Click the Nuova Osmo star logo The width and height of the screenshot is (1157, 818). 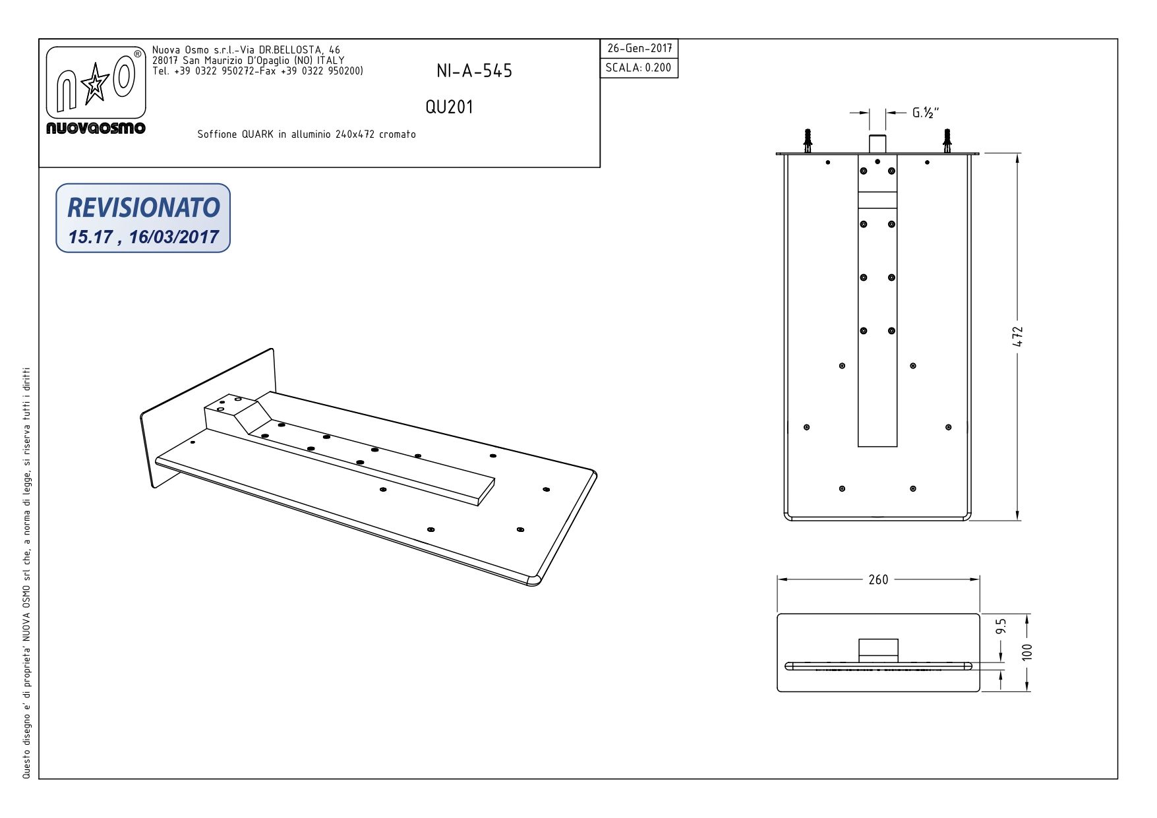point(96,84)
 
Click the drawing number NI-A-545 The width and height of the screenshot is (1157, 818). point(474,71)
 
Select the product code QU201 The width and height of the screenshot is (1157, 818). point(449,107)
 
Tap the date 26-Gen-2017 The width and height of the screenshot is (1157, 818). point(639,49)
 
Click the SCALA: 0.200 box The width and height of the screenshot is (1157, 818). point(638,68)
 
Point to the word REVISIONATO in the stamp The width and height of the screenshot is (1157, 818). point(143,207)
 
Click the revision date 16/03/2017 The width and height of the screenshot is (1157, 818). point(173,237)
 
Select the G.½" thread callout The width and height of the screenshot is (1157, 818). point(925,113)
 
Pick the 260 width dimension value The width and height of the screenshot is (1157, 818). point(877,580)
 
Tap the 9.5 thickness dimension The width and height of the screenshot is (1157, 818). point(1001,626)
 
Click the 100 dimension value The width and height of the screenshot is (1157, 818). point(1027,652)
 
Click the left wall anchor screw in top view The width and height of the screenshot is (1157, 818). point(808,140)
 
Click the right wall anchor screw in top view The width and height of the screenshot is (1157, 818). point(947,140)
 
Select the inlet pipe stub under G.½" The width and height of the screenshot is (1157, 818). point(877,143)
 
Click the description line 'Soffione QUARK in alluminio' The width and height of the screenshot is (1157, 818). point(307,134)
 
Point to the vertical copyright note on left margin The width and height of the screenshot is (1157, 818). point(26,573)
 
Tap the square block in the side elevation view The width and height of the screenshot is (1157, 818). point(877,649)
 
